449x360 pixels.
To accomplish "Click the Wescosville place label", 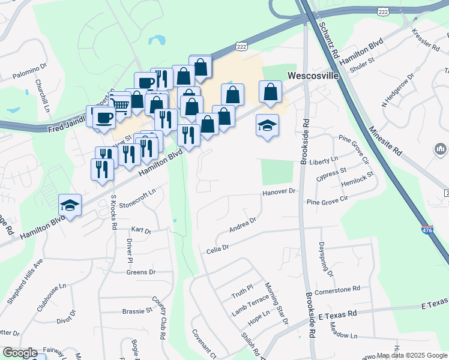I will (x=314, y=76).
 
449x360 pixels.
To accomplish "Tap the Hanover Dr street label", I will (x=280, y=192).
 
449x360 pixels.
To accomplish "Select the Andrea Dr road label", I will (x=243, y=225).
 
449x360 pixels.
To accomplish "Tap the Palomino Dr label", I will (x=29, y=77).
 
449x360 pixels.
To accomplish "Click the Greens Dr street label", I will (x=141, y=272).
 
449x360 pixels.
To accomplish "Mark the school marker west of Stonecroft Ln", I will (x=70, y=206).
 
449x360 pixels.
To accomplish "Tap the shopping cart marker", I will (x=121, y=105).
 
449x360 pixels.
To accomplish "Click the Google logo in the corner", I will (x=20, y=353).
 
